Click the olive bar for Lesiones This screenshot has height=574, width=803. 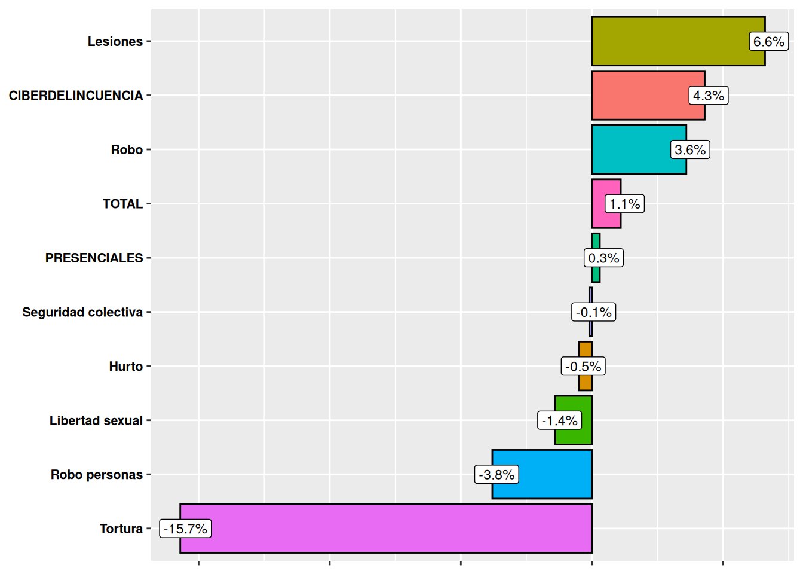coord(669,41)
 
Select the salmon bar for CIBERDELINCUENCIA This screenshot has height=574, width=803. coord(639,96)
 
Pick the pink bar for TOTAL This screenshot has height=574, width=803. coord(599,204)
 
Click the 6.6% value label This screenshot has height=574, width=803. coord(768,42)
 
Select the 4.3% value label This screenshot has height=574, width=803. coord(708,96)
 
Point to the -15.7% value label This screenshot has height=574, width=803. coord(185,529)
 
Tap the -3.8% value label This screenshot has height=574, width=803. coord(496,475)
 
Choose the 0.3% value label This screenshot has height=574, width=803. coord(603,258)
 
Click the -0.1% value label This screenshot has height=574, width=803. coord(593,312)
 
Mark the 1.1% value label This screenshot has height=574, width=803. coord(624,204)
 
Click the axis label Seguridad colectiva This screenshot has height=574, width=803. coord(82,312)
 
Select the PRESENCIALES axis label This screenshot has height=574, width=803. coord(94,258)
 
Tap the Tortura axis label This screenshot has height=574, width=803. coord(121,529)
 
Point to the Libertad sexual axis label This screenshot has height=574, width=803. coord(96,420)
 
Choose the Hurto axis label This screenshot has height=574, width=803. coord(125,367)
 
